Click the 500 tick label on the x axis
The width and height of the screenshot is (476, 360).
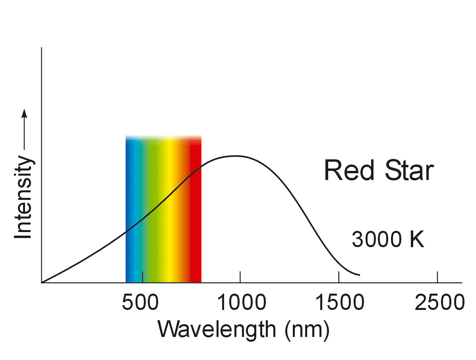coord(142,303)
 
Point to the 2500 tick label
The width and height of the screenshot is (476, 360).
coord(439,303)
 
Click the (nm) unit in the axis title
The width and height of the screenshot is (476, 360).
coord(307,330)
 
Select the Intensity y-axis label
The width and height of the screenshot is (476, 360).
coord(23,198)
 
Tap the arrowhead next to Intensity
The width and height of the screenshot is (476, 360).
coord(24,113)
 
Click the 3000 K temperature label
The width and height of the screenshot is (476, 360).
coord(388,240)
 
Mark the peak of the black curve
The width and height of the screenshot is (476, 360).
coord(236,156)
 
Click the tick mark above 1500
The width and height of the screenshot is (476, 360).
coord(339,277)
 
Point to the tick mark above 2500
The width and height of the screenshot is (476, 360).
coord(437,277)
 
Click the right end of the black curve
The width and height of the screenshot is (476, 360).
coord(360,275)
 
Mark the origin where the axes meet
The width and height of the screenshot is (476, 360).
coord(42,283)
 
